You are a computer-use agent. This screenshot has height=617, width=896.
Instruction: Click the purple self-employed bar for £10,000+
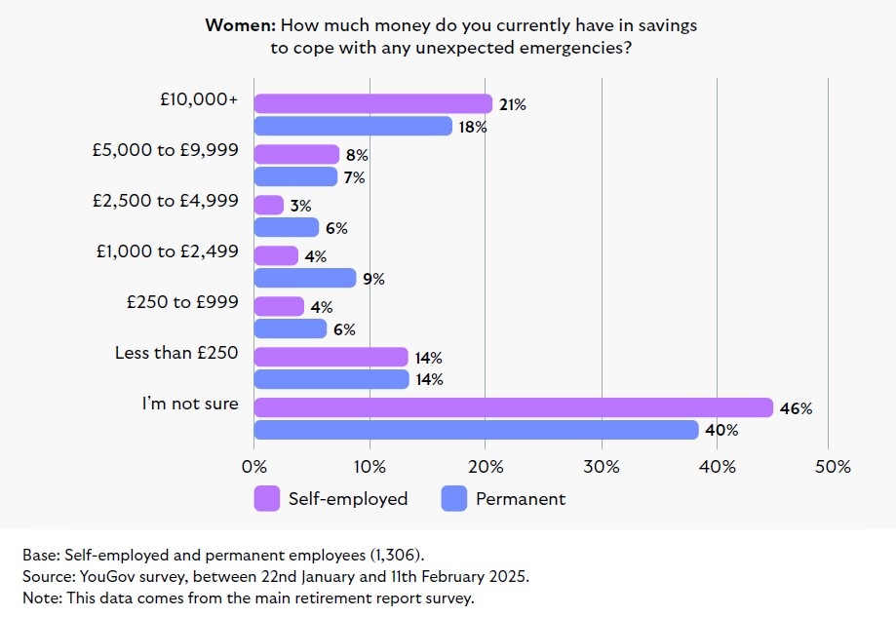pos(372,104)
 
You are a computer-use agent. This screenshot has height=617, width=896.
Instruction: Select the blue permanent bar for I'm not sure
pos(476,430)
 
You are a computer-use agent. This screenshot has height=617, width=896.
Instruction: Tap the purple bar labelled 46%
pos(513,407)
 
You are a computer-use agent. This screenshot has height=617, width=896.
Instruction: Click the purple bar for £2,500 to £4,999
pos(269,205)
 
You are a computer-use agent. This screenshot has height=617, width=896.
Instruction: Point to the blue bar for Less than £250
pos(331,379)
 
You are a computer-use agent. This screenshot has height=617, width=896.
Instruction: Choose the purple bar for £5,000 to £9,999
pos(296,154)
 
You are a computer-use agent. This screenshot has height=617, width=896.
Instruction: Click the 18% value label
pos(474,127)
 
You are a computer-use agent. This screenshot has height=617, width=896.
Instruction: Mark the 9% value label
pos(374,279)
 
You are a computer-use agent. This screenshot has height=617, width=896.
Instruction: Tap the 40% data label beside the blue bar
pos(722,430)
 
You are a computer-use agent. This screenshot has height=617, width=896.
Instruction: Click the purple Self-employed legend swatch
pos(266,498)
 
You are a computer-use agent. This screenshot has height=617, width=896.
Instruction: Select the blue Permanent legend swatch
pos(454,498)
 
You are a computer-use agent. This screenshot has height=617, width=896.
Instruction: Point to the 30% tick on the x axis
pos(602,466)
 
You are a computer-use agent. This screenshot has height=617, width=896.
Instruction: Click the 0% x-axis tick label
pos(254,466)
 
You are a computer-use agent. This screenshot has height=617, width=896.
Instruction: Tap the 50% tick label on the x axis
pos(832,466)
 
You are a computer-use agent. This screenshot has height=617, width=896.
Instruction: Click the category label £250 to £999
pos(182,301)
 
